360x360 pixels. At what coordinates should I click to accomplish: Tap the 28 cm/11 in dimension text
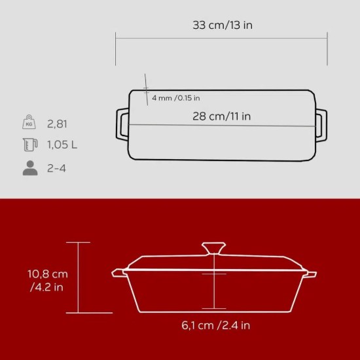point(223,116)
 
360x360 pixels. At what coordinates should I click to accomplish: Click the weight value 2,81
point(58,123)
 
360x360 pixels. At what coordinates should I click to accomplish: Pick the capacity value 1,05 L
point(62,145)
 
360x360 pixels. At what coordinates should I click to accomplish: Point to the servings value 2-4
point(57,168)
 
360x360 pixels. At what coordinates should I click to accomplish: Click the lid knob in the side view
point(215,249)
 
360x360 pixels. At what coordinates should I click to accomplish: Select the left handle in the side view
point(118,272)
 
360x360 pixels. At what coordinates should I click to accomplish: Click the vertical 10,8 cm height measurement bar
point(78,278)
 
